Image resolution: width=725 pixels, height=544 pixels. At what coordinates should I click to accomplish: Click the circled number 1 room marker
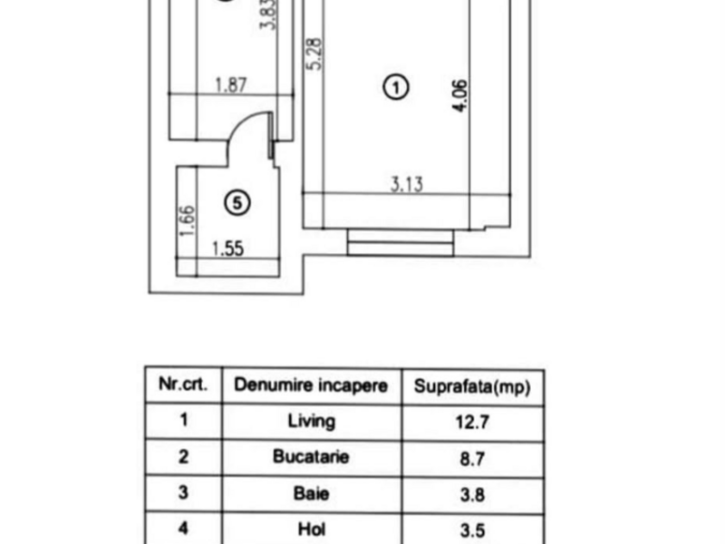[x=396, y=87]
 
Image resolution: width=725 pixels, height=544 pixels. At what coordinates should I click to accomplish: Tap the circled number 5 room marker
[x=237, y=202]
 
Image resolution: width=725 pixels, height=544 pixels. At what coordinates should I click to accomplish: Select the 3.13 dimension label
[x=407, y=184]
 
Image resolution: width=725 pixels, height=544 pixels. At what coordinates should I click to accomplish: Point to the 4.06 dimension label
[x=460, y=95]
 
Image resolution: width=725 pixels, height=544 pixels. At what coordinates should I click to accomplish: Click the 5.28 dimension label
[x=314, y=53]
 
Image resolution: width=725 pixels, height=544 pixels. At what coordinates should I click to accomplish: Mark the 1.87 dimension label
[x=231, y=85]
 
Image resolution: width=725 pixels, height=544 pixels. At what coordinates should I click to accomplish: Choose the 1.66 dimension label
[x=188, y=220]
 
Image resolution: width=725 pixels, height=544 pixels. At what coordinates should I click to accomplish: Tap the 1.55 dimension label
[x=228, y=248]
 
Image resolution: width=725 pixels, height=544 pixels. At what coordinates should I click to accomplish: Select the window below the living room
[x=401, y=242]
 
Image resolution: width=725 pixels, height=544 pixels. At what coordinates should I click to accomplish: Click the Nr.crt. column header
[x=183, y=384]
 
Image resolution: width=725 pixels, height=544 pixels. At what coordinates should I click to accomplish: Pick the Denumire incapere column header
[x=311, y=384]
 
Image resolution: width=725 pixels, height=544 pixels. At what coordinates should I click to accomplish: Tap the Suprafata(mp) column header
[x=472, y=386]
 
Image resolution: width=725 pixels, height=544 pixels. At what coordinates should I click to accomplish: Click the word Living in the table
[x=312, y=422]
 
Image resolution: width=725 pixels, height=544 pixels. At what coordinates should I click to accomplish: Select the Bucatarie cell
[x=311, y=457]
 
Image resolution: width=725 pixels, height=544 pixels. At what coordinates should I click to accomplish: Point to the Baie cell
[x=311, y=493]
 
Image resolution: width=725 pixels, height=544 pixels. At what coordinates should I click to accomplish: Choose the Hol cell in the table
[x=312, y=529]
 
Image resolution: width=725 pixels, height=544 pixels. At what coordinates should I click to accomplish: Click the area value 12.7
[x=472, y=422]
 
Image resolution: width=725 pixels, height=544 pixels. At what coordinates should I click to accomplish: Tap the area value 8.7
[x=472, y=459]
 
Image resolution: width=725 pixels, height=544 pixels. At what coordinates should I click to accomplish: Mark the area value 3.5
[x=472, y=530]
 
